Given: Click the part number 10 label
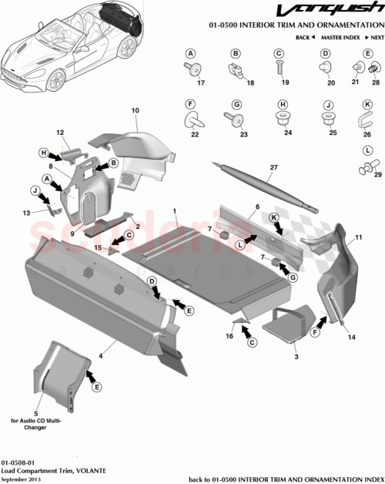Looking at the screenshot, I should click(135, 111).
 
